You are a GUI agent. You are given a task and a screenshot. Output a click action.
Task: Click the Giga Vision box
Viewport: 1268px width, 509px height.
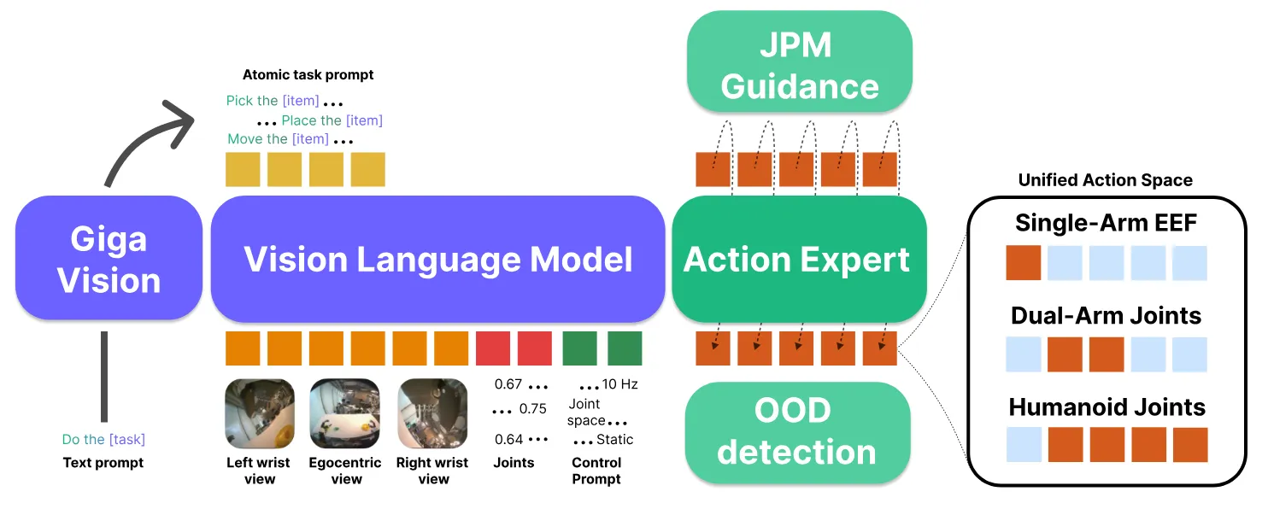pos(109,259)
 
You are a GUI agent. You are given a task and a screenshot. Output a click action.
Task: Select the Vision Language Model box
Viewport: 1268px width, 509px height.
pos(437,259)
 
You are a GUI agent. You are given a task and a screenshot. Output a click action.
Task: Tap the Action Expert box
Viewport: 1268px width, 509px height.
pos(798,259)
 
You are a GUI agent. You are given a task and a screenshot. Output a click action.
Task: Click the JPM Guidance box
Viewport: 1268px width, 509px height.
pos(800,64)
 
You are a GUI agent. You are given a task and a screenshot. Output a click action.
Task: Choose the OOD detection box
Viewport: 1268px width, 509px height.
pos(796,432)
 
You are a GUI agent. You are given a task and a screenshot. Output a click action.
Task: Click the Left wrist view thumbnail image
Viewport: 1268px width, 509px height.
pos(259,414)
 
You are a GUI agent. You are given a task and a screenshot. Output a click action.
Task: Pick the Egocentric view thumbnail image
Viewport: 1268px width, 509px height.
pos(345,414)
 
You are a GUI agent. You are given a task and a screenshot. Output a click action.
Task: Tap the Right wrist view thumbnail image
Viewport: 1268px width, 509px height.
pos(432,414)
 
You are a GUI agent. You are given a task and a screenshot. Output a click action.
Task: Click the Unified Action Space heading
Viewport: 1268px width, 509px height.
pos(1105,180)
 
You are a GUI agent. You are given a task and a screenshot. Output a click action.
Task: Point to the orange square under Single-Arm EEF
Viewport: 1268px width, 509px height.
pos(1023,263)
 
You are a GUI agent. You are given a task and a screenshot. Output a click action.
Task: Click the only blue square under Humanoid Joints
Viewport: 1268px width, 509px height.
pos(1023,445)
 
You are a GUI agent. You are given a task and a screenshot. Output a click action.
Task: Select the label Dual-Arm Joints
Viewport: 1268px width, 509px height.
pos(1106,315)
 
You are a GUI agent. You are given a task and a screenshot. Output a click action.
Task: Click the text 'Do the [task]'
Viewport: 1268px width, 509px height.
pos(103,440)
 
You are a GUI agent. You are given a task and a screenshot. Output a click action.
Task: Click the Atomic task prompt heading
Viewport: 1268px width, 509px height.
pos(308,75)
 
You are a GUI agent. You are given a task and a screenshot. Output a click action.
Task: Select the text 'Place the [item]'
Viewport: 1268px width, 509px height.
pos(332,120)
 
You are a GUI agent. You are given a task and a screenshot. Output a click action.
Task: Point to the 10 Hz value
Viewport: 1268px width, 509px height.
pos(620,384)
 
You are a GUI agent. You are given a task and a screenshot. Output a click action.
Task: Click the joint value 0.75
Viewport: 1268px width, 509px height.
pos(532,409)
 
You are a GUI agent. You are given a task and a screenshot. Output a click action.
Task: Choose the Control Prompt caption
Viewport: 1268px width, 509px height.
pos(596,471)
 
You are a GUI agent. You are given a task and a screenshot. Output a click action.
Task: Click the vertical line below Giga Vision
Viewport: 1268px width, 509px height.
pos(104,376)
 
